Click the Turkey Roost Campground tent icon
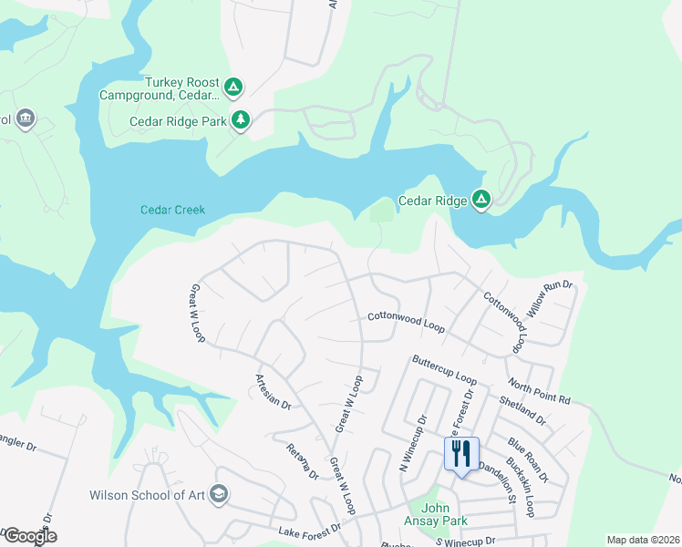tap(233, 88)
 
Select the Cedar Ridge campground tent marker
tap(480, 200)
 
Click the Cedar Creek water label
tap(172, 210)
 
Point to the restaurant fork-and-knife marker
tap(461, 453)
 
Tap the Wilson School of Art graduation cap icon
tap(218, 495)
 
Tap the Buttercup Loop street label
tap(444, 369)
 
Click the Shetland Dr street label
tap(522, 409)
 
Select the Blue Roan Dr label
tap(529, 459)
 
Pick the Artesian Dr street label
tap(273, 391)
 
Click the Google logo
tap(29, 536)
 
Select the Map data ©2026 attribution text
tap(643, 540)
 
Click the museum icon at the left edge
tap(26, 119)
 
